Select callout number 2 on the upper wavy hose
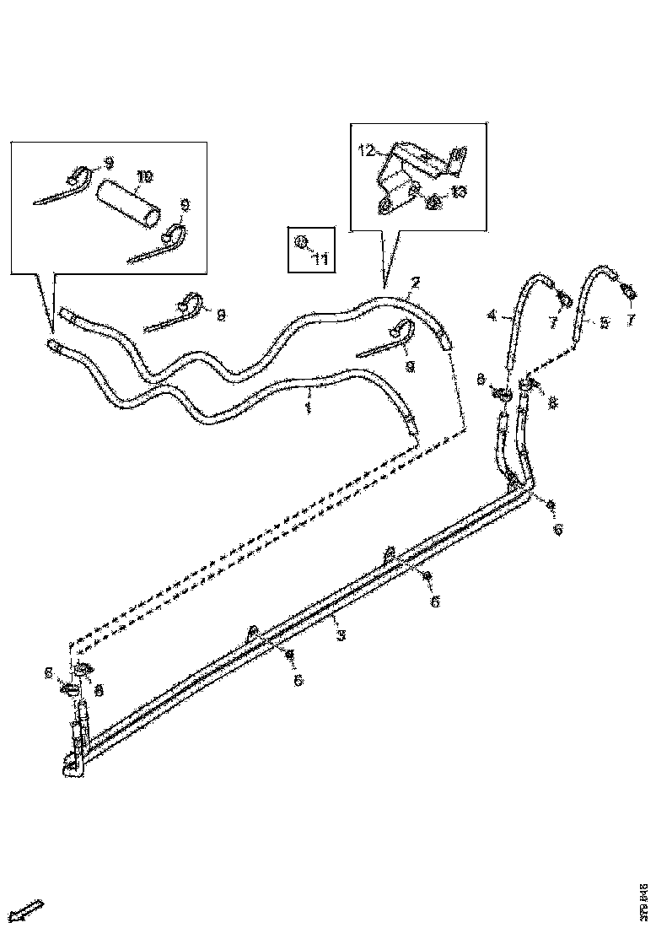tap(414, 282)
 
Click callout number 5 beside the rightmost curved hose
tap(603, 322)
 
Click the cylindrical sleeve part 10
tap(127, 203)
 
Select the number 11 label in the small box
tap(320, 259)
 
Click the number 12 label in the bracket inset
tap(366, 151)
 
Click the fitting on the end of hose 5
tap(628, 291)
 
